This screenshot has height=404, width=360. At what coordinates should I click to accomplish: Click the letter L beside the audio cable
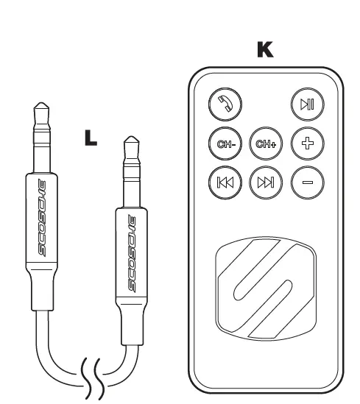[89, 138]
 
